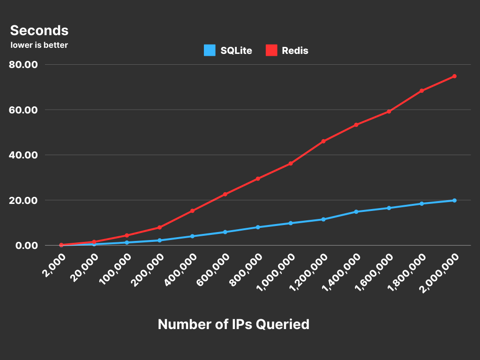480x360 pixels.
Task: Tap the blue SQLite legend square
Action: click(210, 50)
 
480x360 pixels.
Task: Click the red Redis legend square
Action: click(271, 50)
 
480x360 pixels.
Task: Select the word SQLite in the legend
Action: click(236, 51)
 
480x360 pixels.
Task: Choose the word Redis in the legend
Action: click(295, 51)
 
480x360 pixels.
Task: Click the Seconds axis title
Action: click(39, 30)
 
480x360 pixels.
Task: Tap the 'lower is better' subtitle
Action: click(39, 45)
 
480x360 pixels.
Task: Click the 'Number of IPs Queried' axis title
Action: click(233, 324)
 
